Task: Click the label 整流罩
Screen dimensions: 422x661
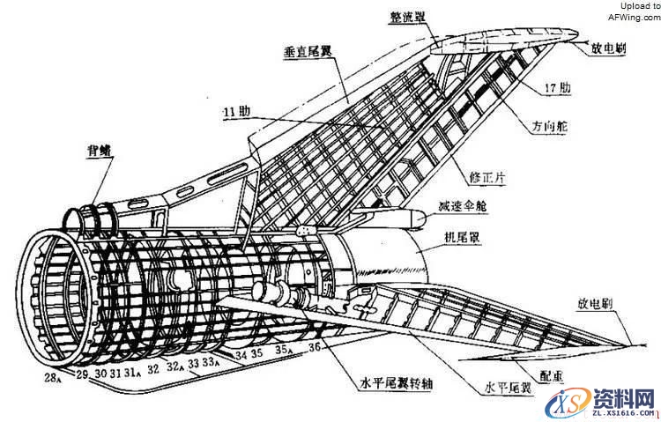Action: (411, 18)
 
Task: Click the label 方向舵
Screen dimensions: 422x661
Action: (548, 127)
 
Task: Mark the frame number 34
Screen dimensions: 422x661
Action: (240, 355)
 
